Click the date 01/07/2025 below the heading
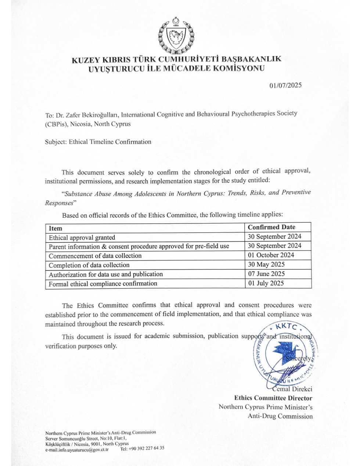(x=285, y=86)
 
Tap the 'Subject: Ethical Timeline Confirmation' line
(x=98, y=142)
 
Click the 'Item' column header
(x=55, y=228)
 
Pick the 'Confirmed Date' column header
(x=271, y=227)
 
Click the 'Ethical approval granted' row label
(x=82, y=237)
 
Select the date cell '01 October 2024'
(x=271, y=255)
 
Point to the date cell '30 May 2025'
(x=266, y=265)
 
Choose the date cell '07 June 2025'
(x=266, y=274)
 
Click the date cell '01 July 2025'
(x=266, y=283)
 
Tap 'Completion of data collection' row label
(x=89, y=265)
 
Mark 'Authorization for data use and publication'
(x=106, y=274)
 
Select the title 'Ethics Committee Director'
(x=273, y=398)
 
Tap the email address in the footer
(x=77, y=449)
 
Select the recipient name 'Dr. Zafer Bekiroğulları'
(x=86, y=115)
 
